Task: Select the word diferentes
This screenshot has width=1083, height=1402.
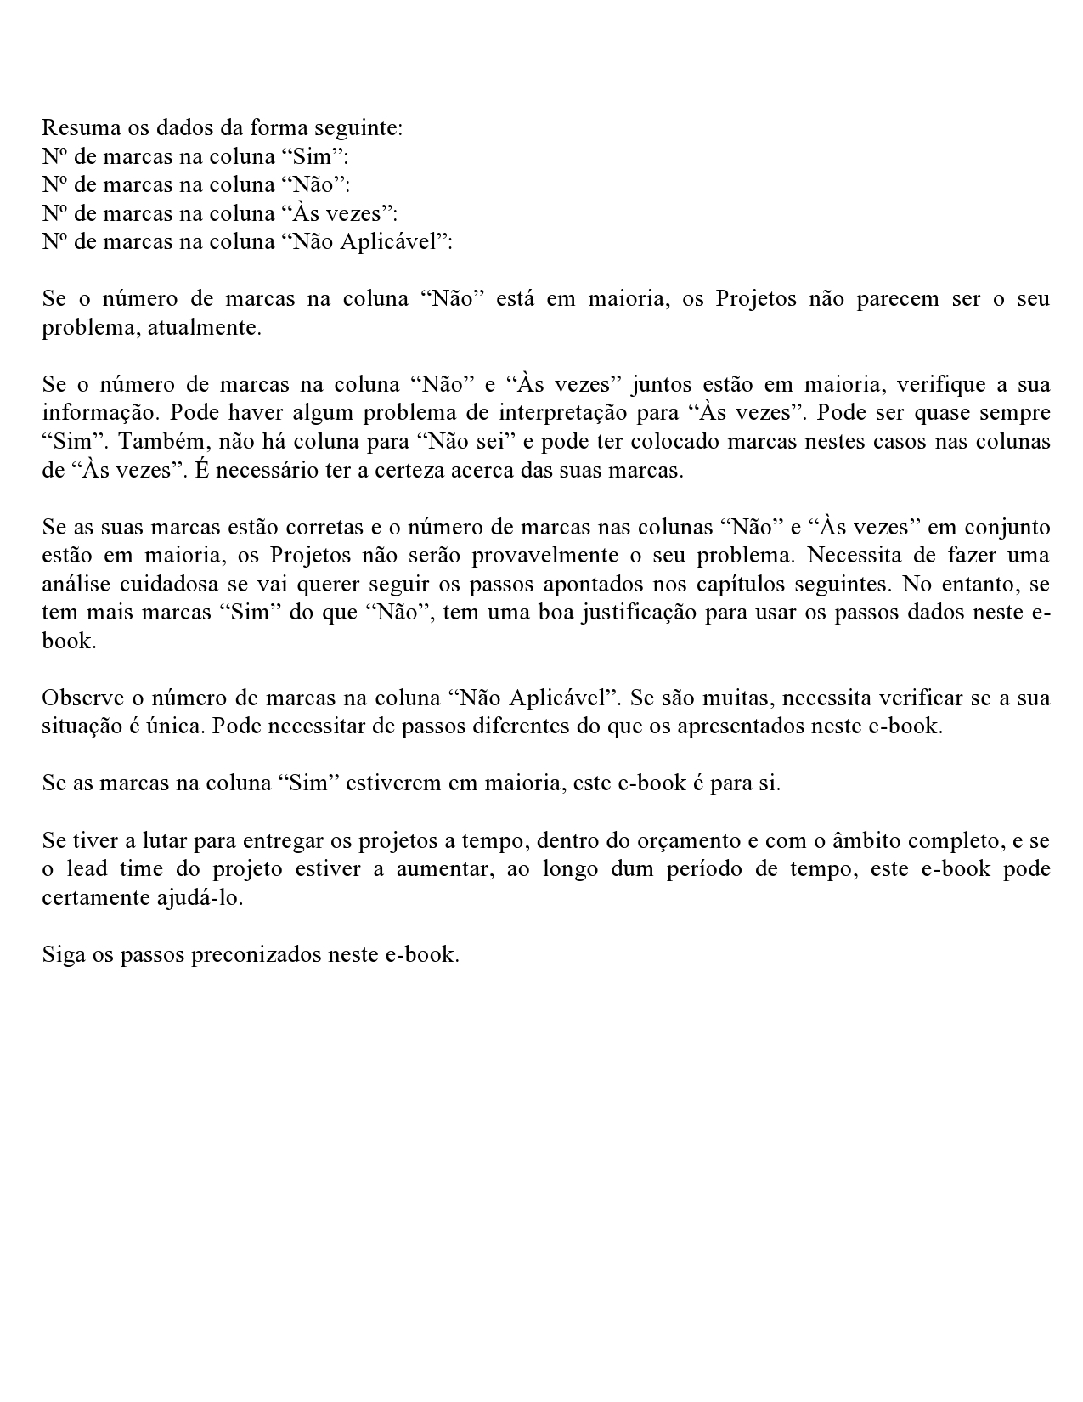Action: [441, 727]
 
